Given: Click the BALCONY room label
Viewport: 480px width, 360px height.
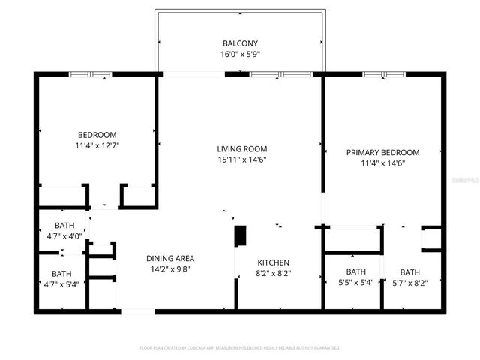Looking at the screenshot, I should click(241, 43).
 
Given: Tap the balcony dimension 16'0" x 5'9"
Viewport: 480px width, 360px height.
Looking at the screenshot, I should click(241, 54).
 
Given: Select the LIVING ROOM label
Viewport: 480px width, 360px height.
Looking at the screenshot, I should click(241, 149).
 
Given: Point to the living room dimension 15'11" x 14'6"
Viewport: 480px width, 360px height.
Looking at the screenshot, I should click(241, 160).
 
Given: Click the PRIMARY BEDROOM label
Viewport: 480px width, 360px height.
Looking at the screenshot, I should click(382, 152).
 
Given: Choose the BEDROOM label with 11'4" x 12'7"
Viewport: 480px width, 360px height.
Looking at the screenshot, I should click(97, 135).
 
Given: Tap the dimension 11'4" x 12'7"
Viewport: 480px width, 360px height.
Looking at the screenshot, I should click(97, 145).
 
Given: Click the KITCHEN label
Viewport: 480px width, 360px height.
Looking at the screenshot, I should click(274, 262).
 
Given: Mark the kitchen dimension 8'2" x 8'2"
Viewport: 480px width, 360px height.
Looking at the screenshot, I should click(274, 273).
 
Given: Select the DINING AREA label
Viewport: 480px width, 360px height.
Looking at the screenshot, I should click(170, 258).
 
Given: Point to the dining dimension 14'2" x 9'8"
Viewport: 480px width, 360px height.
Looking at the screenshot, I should click(170, 268).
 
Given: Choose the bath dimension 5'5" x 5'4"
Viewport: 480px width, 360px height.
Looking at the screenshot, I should click(355, 283).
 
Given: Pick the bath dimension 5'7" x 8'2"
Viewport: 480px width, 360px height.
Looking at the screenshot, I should click(409, 283).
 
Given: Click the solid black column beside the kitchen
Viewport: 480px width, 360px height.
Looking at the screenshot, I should click(241, 236).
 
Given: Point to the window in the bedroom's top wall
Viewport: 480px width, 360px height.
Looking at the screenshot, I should click(90, 74).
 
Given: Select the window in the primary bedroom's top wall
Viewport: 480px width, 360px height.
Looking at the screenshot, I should click(384, 74).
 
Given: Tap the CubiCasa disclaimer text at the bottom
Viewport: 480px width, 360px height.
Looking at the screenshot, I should click(240, 348).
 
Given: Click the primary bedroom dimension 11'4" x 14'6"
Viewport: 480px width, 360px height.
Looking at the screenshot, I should click(382, 163).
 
